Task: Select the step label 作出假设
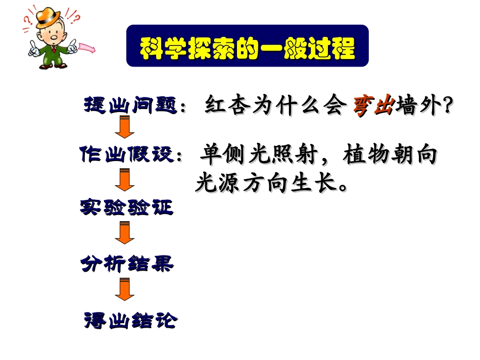click(127, 154)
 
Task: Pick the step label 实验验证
click(127, 207)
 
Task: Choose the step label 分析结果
click(127, 263)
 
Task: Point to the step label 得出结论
click(130, 320)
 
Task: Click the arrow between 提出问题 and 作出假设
click(124, 127)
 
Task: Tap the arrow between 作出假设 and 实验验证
click(124, 179)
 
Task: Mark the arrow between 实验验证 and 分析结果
click(124, 233)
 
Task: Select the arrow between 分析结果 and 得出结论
click(124, 290)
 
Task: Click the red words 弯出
click(373, 107)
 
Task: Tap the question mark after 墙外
click(445, 107)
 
